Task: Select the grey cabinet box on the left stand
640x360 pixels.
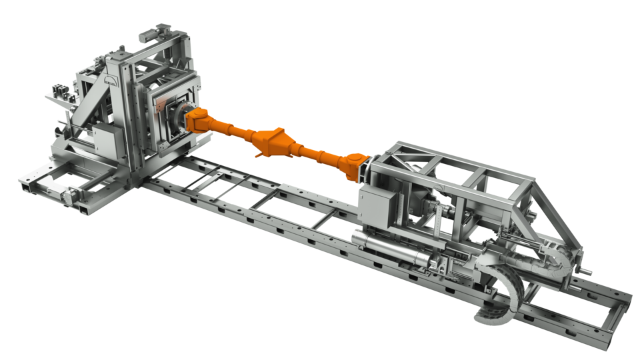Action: coord(107,141)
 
